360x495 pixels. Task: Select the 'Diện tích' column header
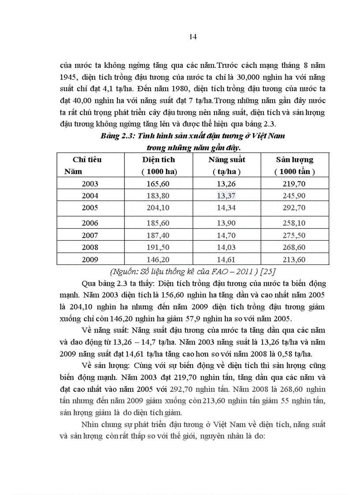coord(158,160)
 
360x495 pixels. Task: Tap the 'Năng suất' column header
coord(227,160)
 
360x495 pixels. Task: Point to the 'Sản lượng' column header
coord(294,160)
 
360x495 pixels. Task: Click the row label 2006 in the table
coord(90,223)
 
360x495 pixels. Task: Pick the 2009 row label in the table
coord(90,260)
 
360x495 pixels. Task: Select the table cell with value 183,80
coord(158,196)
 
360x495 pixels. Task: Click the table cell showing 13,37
coord(227,196)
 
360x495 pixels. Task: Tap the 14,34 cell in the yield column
coord(227,208)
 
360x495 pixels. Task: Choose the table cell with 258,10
coord(294,223)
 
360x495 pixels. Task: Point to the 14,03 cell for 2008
coord(227,248)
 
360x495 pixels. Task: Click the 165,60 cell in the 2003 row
coord(158,184)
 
